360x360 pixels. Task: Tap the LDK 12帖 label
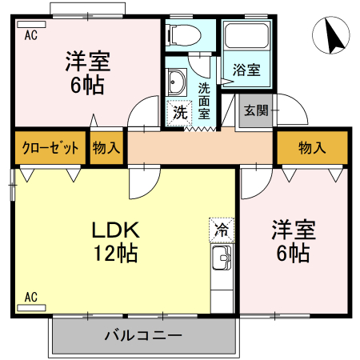tap(115, 242)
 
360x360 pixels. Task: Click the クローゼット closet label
tap(50, 148)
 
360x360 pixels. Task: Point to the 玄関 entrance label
tap(256, 110)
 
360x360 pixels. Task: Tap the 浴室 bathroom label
tap(246, 70)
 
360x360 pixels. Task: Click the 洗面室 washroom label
tap(205, 99)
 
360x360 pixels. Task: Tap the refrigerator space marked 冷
tap(221, 230)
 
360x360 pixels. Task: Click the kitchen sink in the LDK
tap(222, 259)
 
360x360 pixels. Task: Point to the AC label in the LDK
tap(30, 298)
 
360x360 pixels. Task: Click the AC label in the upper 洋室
tap(30, 34)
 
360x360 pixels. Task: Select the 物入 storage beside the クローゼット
tap(106, 148)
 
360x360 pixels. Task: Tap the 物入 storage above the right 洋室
tap(312, 148)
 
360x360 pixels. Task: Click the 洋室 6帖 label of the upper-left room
tap(87, 72)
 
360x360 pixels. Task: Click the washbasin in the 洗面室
tap(177, 81)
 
